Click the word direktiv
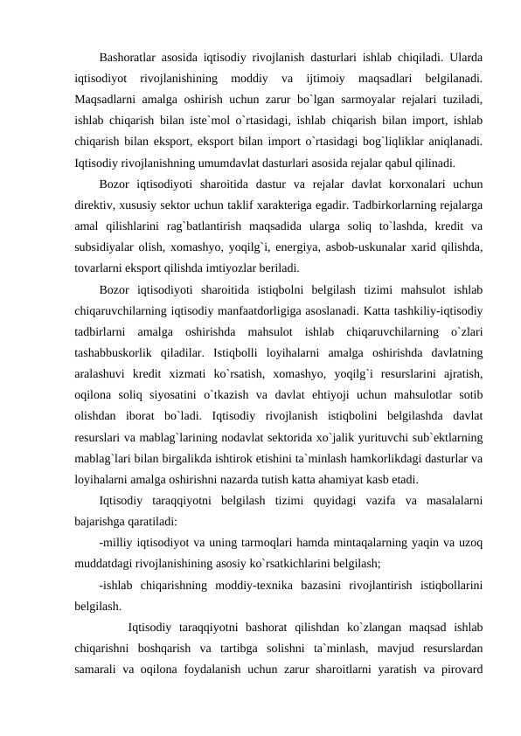[x=96, y=207]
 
